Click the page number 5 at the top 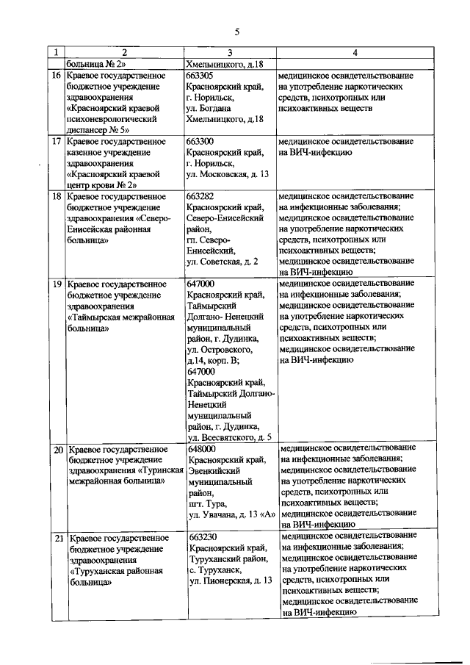pos(237,32)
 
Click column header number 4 pos(355,53)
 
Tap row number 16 pos(56,76)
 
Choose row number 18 pos(56,197)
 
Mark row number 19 pos(56,283)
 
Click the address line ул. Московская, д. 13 pos(228,175)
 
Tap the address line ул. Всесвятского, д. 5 pos(231,438)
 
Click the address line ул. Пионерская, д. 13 pos(231,580)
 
